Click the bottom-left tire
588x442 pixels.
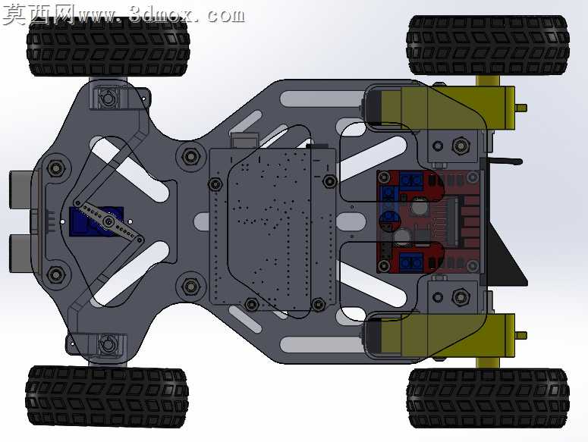coord(107,397)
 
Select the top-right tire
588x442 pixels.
coord(489,45)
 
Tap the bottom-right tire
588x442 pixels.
coord(489,398)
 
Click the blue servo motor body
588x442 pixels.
coord(96,221)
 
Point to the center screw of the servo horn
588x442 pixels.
coord(108,221)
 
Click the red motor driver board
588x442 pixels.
coord(428,221)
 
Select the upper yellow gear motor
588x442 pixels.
coord(439,107)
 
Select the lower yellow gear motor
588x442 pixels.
coord(439,335)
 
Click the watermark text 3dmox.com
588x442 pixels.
coord(187,15)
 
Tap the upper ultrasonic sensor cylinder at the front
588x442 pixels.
coord(23,190)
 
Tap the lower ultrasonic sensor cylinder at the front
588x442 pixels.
coord(23,253)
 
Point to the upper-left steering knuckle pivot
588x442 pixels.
coord(108,99)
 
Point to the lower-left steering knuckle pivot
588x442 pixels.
coord(108,343)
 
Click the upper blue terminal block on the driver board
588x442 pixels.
coord(411,180)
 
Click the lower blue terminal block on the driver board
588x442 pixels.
coord(411,261)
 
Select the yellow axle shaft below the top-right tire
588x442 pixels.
coord(488,80)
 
